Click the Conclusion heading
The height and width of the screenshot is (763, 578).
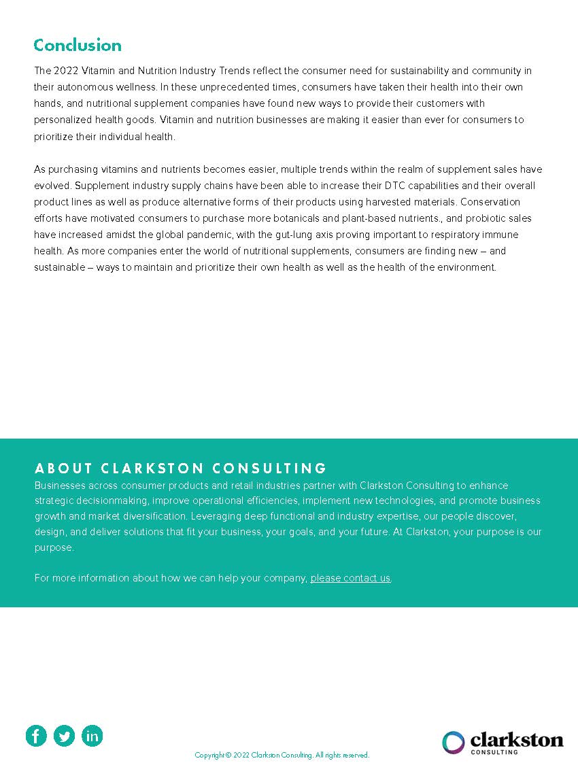pos(78,46)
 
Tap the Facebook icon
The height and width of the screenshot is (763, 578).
pos(36,735)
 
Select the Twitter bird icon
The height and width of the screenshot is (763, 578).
pos(64,735)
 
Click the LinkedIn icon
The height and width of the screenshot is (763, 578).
pos(92,735)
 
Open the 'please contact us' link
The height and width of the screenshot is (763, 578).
pos(350,578)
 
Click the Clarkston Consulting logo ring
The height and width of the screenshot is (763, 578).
pos(454,742)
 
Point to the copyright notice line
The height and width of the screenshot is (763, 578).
pos(282,755)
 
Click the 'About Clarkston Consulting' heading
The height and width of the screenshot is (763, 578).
pos(181,468)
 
